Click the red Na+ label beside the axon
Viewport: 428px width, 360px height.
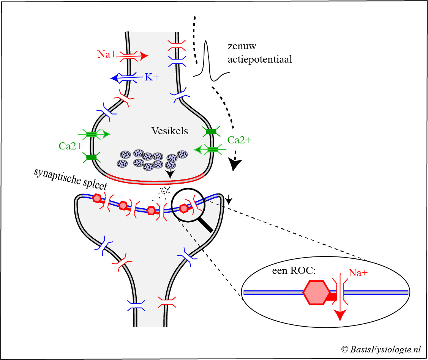click(107, 54)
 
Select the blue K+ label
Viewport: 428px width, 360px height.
click(152, 77)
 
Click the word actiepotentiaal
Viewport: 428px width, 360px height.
click(260, 60)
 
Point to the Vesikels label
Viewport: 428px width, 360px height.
click(170, 131)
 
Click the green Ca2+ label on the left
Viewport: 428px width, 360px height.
click(71, 146)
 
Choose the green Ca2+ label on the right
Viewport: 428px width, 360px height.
click(239, 140)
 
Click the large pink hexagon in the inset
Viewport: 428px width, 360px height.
click(316, 292)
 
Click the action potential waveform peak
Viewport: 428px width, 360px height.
click(206, 42)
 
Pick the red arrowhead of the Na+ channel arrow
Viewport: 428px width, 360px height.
click(144, 56)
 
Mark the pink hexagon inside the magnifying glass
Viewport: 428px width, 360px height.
click(184, 208)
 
